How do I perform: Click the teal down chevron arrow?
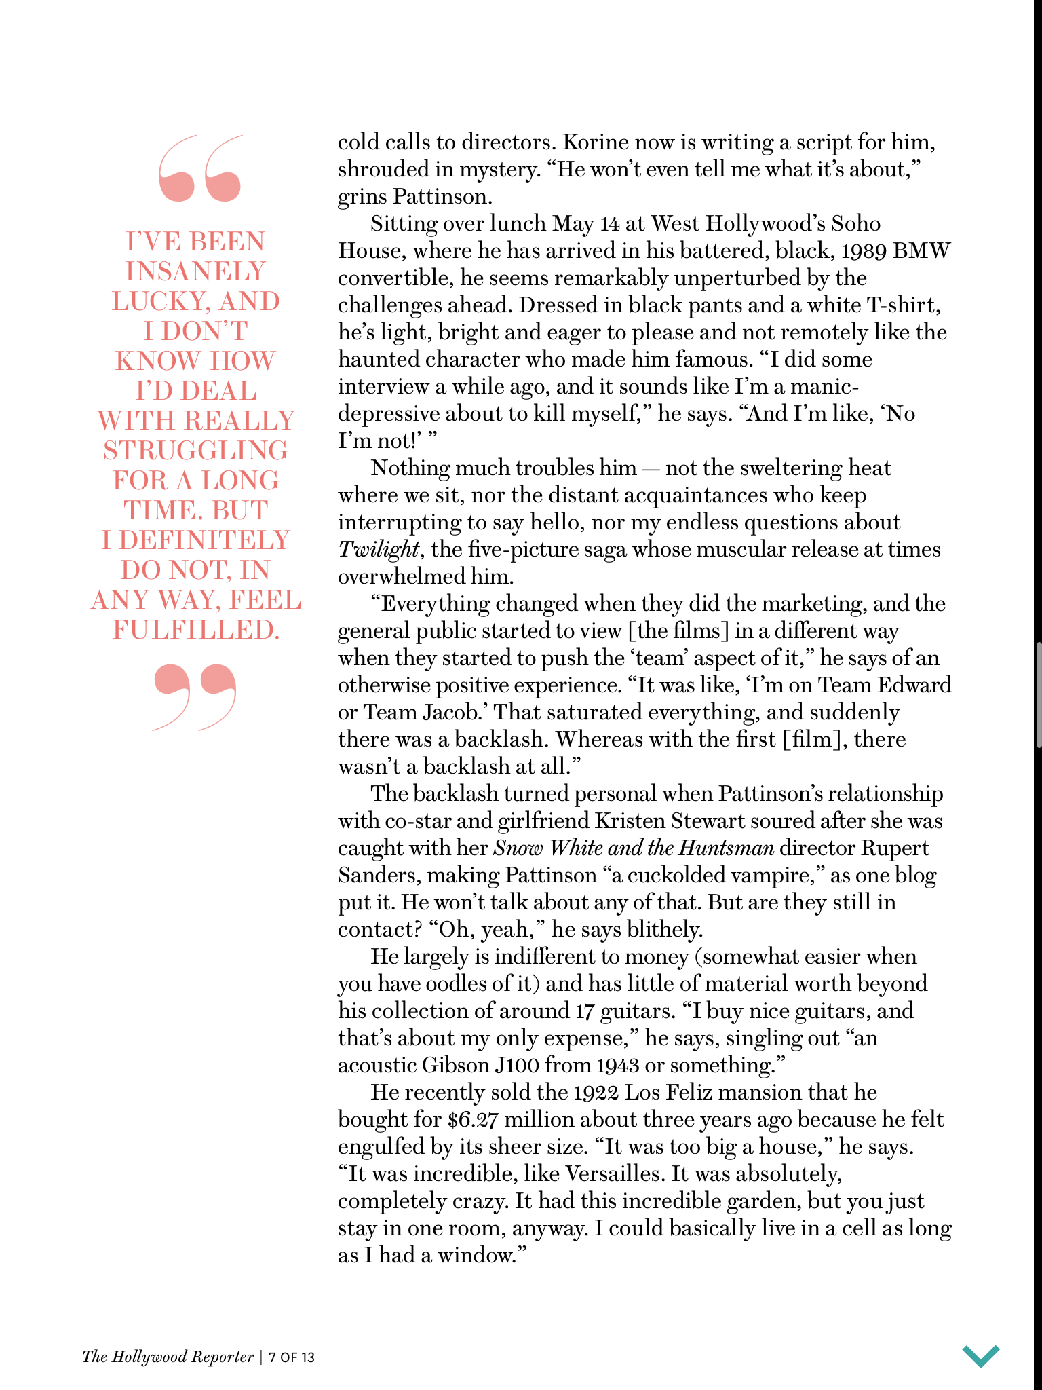pos(980,1355)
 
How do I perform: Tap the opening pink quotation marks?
pos(199,168)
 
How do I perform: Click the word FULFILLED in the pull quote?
pos(195,630)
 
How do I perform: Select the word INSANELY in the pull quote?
pos(195,271)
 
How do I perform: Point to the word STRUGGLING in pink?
pos(195,451)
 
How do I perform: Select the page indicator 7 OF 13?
pos(292,1357)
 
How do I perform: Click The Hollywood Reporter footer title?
pos(168,1357)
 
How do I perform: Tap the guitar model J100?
pos(517,1065)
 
